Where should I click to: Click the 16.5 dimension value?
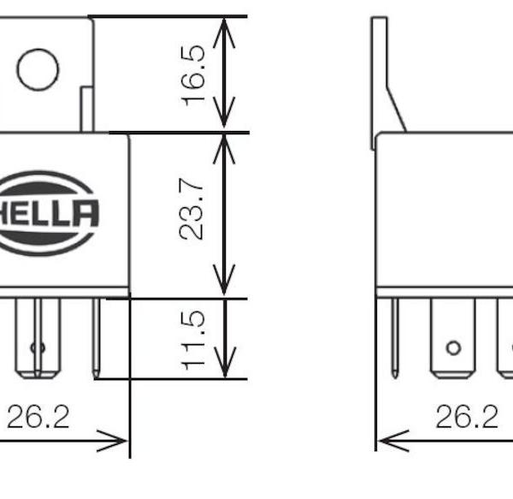193,76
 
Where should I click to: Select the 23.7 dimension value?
192,209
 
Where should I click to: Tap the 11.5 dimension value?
193,340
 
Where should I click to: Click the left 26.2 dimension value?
38,417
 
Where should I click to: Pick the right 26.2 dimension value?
467,417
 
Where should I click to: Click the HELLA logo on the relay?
47,213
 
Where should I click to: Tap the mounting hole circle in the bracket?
38,69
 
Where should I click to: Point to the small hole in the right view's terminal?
453,348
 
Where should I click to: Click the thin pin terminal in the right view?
395,338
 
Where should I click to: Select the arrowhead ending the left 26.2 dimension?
112,441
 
